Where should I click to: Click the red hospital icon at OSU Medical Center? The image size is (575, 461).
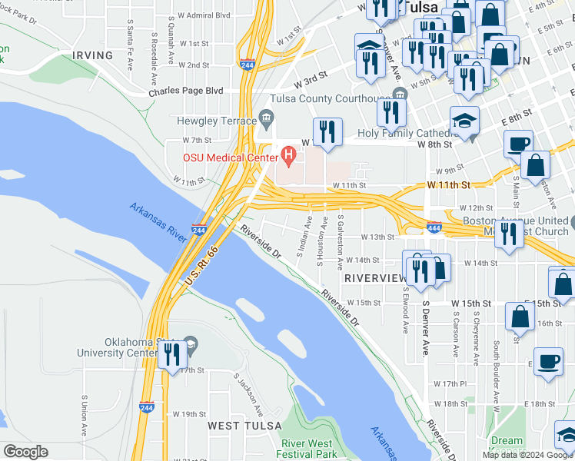pyautogui.click(x=289, y=157)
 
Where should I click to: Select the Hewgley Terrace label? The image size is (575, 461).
pyautogui.click(x=216, y=121)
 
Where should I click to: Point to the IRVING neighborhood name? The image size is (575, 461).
pyautogui.click(x=92, y=55)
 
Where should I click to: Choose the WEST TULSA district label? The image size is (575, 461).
pyautogui.click(x=238, y=425)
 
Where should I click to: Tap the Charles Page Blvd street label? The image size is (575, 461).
pyautogui.click(x=185, y=91)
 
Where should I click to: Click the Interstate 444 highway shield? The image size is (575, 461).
pyautogui.click(x=434, y=227)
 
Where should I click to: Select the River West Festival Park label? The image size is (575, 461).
pyautogui.click(x=309, y=449)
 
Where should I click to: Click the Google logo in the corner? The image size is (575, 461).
pyautogui.click(x=25, y=452)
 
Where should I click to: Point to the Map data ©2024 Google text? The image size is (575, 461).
pyautogui.click(x=527, y=455)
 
